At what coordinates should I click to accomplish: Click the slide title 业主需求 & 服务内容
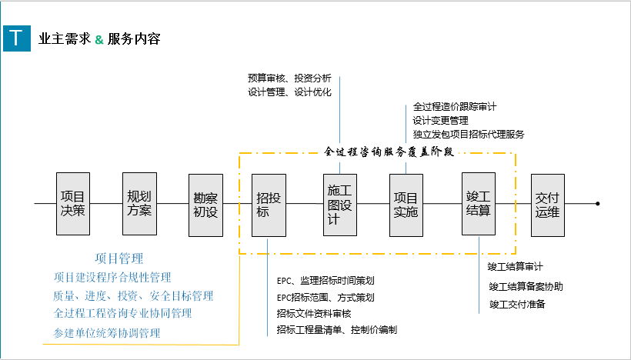[x=99, y=38]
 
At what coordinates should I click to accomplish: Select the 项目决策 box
[x=72, y=204]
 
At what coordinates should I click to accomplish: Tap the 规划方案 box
[x=139, y=204]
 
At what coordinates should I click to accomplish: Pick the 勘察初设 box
[x=205, y=204]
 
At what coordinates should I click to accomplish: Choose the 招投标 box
[x=269, y=204]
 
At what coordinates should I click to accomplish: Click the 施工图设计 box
[x=339, y=204]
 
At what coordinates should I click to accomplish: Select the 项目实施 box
[x=406, y=204]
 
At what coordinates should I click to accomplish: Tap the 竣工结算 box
[x=479, y=204]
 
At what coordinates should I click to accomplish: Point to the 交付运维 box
[x=547, y=204]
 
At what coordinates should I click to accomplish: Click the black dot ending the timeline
[x=597, y=204]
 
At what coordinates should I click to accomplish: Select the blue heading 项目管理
[x=119, y=258]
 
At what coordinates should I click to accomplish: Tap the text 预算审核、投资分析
[x=289, y=78]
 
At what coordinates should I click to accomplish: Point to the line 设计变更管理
[x=440, y=120]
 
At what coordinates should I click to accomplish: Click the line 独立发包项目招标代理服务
[x=468, y=134]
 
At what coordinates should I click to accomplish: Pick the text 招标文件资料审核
[x=314, y=313]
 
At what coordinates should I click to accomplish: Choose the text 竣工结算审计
[x=515, y=267]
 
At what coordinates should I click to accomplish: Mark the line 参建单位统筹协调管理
[x=107, y=333]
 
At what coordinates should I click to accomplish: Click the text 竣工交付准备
[x=517, y=305]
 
